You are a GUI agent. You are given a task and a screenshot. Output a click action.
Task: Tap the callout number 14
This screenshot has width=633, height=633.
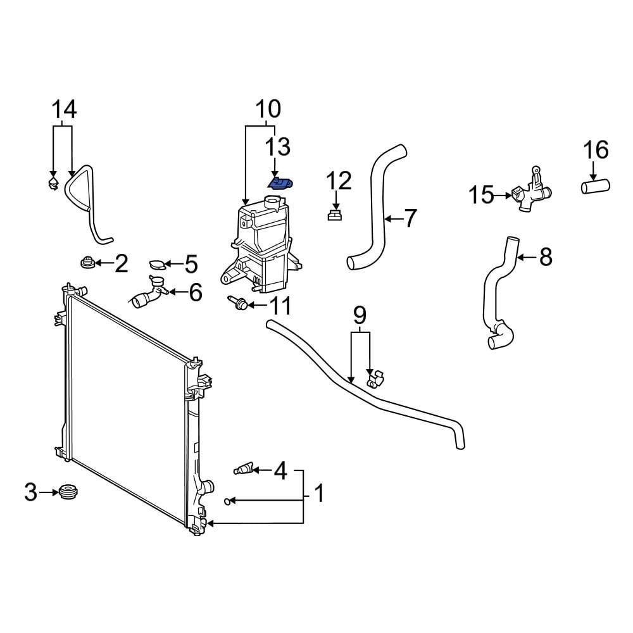click(x=63, y=110)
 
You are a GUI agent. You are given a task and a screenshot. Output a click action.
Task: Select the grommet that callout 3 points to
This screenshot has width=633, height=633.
click(x=67, y=491)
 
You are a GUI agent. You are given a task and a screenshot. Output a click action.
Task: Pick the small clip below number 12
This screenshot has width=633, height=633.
click(x=335, y=216)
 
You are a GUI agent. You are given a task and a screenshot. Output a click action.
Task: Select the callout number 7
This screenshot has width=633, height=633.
click(x=410, y=219)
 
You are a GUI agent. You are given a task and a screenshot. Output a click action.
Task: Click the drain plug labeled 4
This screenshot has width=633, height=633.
click(x=244, y=469)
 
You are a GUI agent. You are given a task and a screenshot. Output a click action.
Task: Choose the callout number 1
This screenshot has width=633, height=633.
click(x=319, y=493)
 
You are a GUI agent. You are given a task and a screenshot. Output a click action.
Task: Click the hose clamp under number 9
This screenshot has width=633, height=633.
click(x=373, y=379)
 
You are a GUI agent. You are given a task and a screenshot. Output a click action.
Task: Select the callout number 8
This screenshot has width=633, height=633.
click(x=545, y=257)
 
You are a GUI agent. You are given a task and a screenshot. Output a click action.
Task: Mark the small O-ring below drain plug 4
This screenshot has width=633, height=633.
click(x=228, y=501)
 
